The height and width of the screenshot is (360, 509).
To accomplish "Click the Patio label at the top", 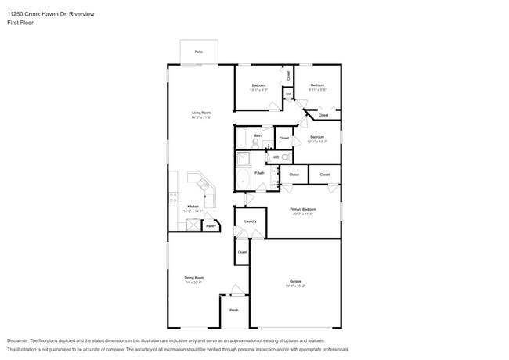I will click(199, 52).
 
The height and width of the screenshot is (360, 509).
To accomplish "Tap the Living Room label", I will click(201, 113).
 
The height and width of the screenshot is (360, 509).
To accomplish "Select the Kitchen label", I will click(192, 207).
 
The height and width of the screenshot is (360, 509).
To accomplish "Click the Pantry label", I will click(211, 226).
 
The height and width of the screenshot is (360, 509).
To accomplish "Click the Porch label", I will click(233, 311).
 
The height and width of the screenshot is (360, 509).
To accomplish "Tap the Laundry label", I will click(251, 221).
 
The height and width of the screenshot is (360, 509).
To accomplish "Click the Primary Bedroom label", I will click(302, 210).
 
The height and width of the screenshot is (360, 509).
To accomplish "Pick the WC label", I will click(276, 157).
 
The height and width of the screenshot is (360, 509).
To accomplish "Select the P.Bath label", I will click(258, 172).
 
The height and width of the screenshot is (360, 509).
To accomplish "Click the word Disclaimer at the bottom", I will click(20, 341).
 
